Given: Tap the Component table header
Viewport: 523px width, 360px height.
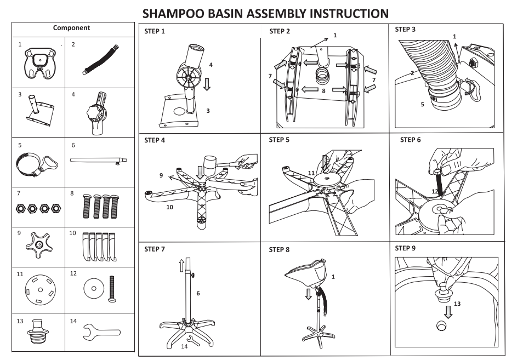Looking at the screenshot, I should (71, 27).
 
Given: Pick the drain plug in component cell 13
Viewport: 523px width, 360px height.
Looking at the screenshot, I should (38, 332).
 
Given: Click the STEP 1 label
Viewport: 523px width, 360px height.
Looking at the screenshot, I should (155, 32).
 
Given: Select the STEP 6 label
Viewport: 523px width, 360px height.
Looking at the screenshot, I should (411, 140).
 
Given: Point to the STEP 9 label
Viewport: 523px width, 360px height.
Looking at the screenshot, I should (405, 248).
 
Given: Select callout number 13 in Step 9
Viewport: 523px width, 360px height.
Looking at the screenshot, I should (458, 303).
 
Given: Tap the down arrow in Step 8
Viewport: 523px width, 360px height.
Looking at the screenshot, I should (309, 294).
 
